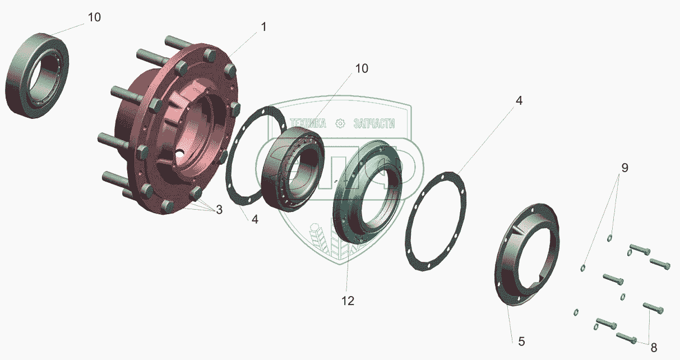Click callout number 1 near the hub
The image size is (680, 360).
[x=264, y=27]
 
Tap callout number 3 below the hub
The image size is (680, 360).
[x=219, y=210]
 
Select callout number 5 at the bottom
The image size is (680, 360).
[x=521, y=341]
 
